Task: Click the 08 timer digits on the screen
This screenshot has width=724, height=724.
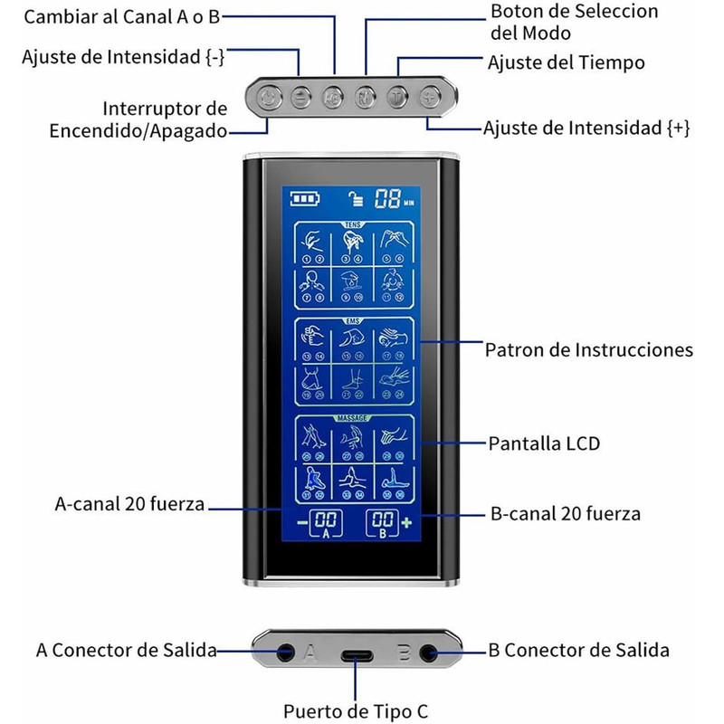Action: pyautogui.click(x=389, y=199)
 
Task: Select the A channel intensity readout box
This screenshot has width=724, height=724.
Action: pyautogui.click(x=326, y=523)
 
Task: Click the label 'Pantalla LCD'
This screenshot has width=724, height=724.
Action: pyautogui.click(x=544, y=443)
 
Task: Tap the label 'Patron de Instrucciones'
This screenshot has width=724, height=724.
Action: pyautogui.click(x=589, y=349)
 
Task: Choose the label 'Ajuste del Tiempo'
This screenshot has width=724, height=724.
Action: pyautogui.click(x=566, y=62)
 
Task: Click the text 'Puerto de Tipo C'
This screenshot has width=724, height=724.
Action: pyautogui.click(x=355, y=710)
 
